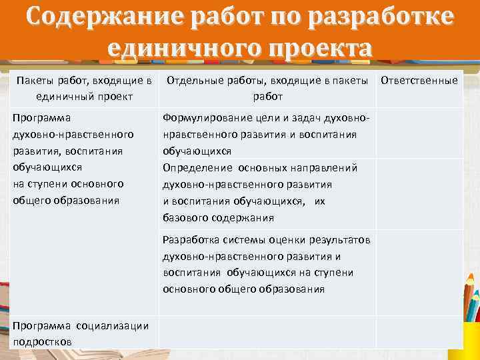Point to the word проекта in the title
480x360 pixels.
point(316,47)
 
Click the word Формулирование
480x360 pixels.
point(203,118)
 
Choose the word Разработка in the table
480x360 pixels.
point(189,239)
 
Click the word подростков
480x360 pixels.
point(42,341)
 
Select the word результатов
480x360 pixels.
point(341,239)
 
